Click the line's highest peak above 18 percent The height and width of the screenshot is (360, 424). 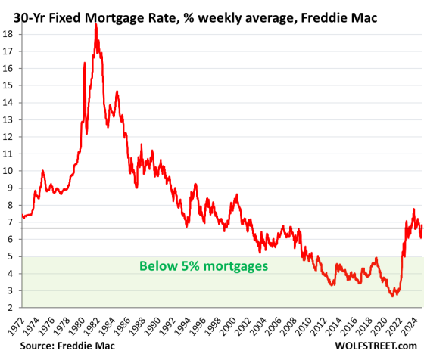pyautogui.click(x=95, y=24)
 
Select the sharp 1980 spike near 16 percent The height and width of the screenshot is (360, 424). pyautogui.click(x=84, y=63)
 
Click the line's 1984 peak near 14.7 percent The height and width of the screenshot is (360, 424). pyautogui.click(x=117, y=92)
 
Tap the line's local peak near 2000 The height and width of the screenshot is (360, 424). pyautogui.click(x=236, y=195)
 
